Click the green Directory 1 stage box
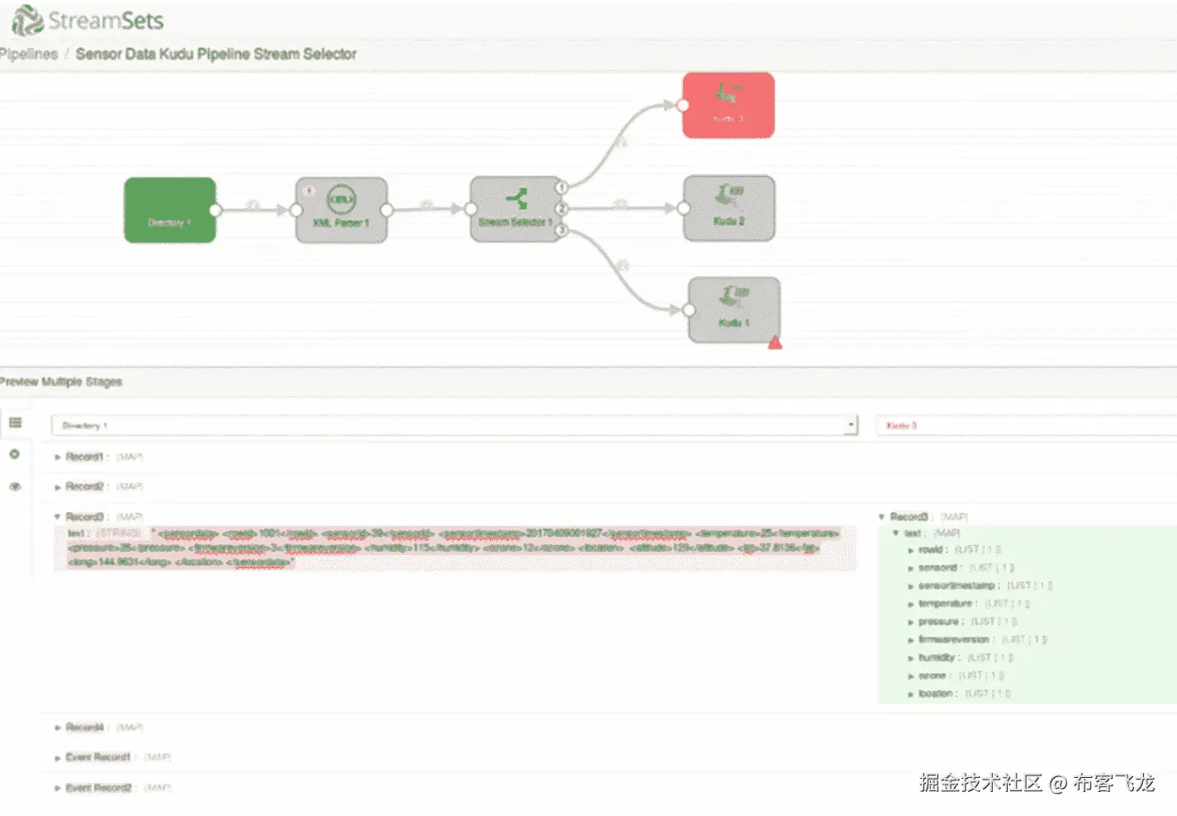pyautogui.click(x=169, y=210)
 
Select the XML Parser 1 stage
pyautogui.click(x=341, y=210)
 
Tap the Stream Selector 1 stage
pyautogui.click(x=515, y=209)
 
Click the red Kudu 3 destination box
pyautogui.click(x=728, y=105)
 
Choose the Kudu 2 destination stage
pyautogui.click(x=729, y=208)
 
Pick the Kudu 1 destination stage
pyautogui.click(x=733, y=310)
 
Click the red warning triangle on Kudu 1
pyautogui.click(x=775, y=343)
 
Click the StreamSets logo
pyautogui.click(x=88, y=21)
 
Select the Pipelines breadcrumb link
pyautogui.click(x=30, y=55)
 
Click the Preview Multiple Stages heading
pyautogui.click(x=61, y=382)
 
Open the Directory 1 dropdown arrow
pyautogui.click(x=850, y=425)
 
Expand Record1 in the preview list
pyautogui.click(x=59, y=457)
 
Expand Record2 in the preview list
pyautogui.click(x=59, y=486)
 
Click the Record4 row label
pyautogui.click(x=84, y=728)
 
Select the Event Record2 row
pyautogui.click(x=98, y=788)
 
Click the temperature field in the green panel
pyautogui.click(x=947, y=604)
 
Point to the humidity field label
pyautogui.click(x=937, y=657)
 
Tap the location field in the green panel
pyautogui.click(x=936, y=694)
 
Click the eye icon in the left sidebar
pyautogui.click(x=15, y=486)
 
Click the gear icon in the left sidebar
pyautogui.click(x=15, y=454)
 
